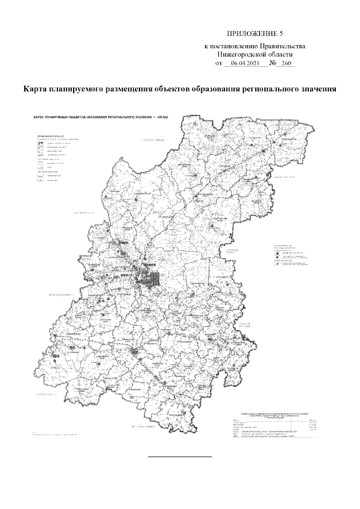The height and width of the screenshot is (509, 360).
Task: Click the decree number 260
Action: [288, 64]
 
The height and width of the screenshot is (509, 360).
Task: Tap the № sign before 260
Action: [273, 64]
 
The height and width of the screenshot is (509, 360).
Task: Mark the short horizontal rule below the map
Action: [179, 457]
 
